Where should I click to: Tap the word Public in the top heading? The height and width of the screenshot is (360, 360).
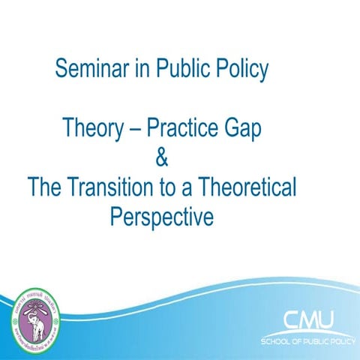pos(184,70)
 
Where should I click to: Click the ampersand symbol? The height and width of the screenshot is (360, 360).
pos(160,158)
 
